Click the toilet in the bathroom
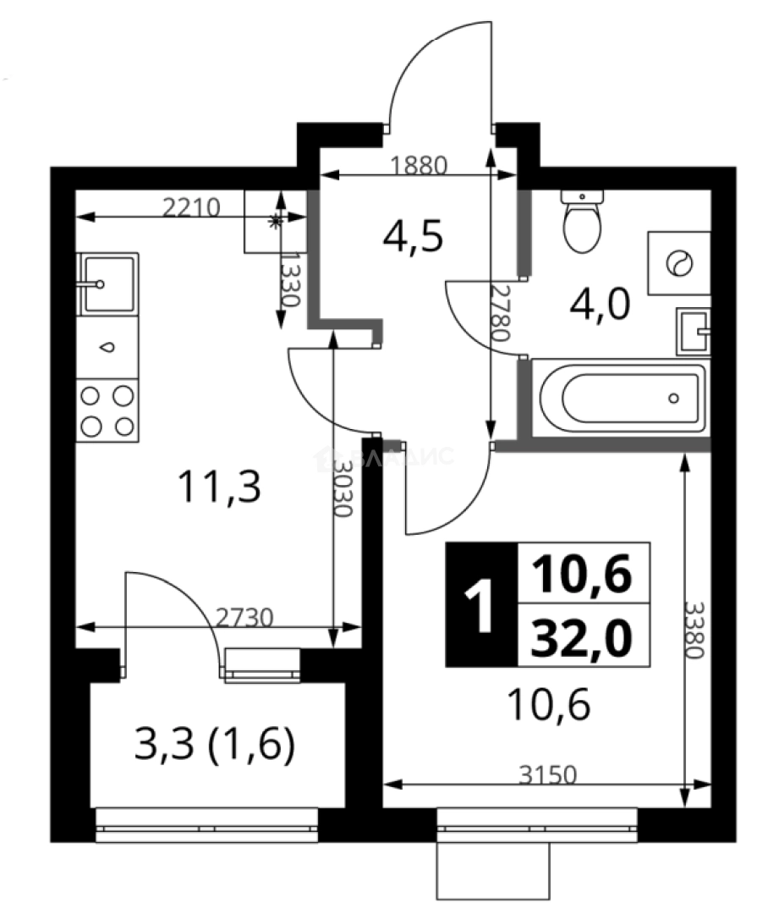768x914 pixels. click(x=582, y=222)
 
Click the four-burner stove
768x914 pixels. click(x=107, y=410)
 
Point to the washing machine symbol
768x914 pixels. click(x=678, y=263)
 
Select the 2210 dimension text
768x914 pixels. click(x=191, y=206)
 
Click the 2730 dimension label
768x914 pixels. click(x=245, y=617)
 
